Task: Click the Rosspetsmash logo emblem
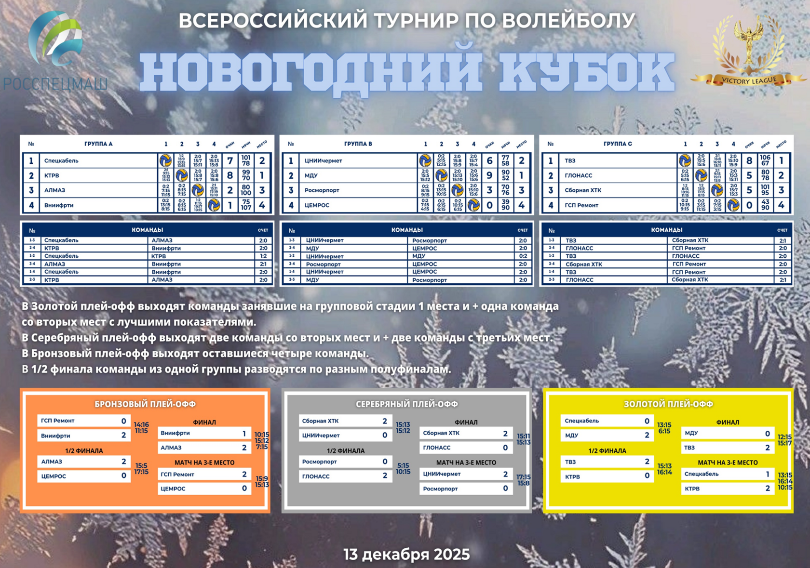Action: point(55,39)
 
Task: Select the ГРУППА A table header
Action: point(98,144)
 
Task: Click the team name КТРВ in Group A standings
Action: point(52,175)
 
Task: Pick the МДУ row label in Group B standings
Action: point(311,175)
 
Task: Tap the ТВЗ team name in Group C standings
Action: point(570,160)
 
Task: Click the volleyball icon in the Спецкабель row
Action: point(165,160)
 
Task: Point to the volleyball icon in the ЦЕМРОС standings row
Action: point(473,205)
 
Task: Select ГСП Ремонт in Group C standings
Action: point(581,205)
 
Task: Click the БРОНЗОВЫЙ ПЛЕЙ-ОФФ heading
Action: point(145,404)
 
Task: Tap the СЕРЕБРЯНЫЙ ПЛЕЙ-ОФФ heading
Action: point(406,404)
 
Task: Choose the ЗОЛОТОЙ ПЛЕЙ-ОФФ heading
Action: point(668,404)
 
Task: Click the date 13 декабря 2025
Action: point(406,555)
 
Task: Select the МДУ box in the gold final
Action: point(727,433)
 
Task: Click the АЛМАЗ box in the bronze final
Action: point(204,448)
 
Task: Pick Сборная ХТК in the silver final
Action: point(466,433)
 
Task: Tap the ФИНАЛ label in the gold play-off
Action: point(728,423)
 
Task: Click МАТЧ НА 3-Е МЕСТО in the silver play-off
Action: point(466,462)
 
